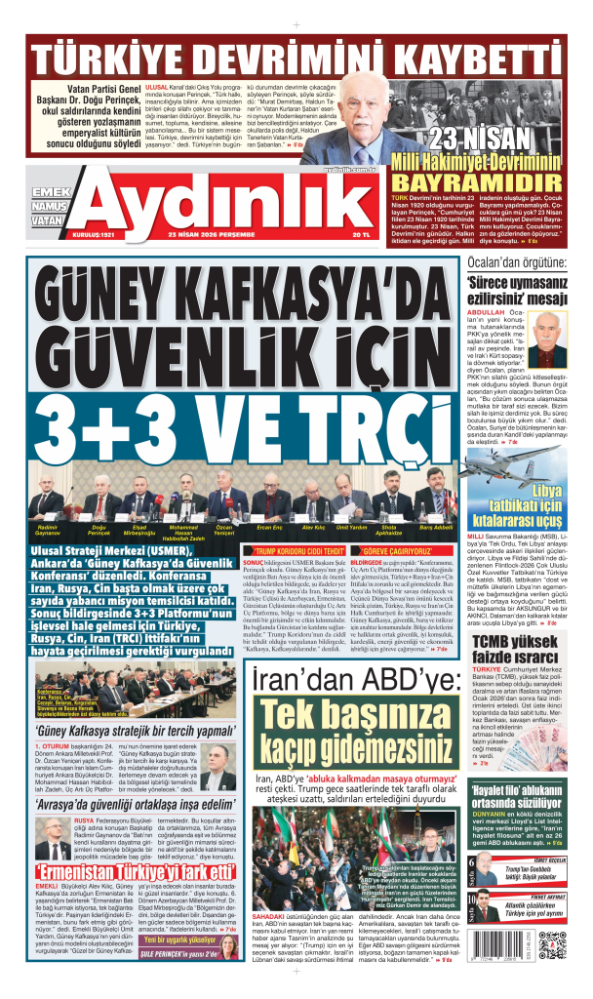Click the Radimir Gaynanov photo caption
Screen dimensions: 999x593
(48, 532)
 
